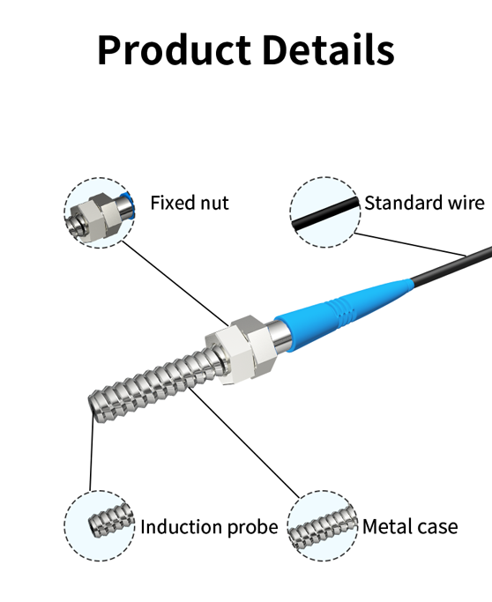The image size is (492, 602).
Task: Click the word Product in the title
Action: [x=174, y=50]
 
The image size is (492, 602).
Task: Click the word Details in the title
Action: [x=328, y=50]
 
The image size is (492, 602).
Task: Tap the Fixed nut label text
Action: [x=190, y=203]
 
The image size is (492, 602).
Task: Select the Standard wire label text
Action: [x=424, y=203]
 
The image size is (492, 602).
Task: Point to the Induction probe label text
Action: [x=209, y=527]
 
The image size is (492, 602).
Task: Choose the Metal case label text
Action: [x=410, y=526]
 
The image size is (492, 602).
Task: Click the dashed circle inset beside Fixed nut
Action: [x=100, y=212]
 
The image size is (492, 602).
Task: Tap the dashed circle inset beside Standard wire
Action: [x=325, y=212]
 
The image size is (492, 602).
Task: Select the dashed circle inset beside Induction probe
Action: [x=100, y=526]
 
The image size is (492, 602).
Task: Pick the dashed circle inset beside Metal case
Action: [x=323, y=526]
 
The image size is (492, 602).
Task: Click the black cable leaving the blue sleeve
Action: [x=451, y=267]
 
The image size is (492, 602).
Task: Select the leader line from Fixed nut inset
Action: [x=175, y=283]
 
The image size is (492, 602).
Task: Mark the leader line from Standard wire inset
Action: [x=410, y=244]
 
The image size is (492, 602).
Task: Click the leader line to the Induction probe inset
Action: [x=92, y=452]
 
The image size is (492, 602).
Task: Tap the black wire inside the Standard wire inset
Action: [x=325, y=213]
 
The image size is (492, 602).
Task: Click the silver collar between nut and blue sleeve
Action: [x=280, y=337]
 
